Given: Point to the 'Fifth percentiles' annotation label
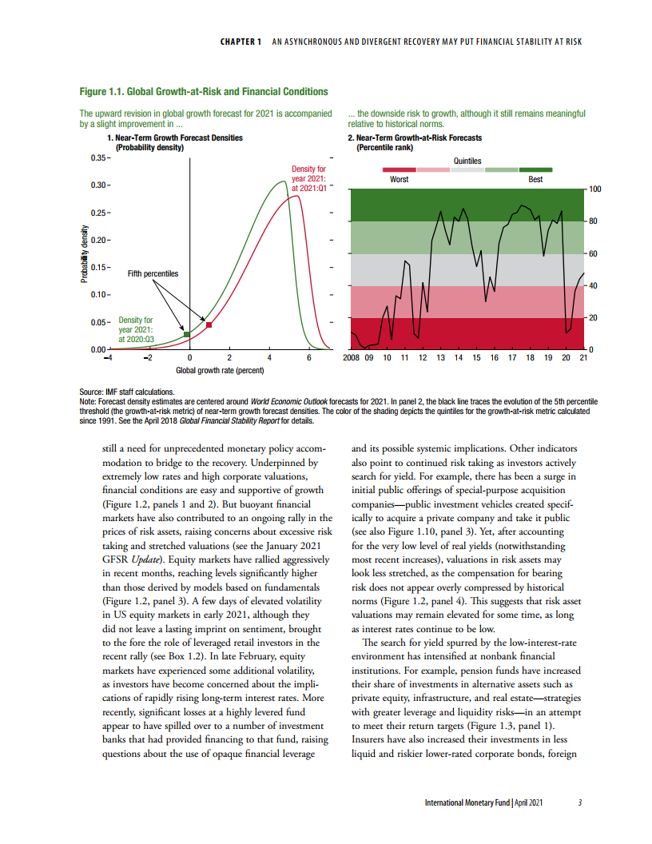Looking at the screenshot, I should (x=153, y=273).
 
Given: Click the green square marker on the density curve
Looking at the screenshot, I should (x=187, y=334).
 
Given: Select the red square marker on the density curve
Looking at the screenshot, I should (x=209, y=325).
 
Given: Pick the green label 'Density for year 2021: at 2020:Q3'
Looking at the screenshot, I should (x=136, y=329).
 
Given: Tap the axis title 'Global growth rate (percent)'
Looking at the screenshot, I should (x=220, y=370).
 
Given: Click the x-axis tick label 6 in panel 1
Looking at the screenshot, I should (x=308, y=357).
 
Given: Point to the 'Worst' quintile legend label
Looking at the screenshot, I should (x=399, y=180).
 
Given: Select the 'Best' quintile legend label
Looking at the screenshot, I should (x=535, y=180).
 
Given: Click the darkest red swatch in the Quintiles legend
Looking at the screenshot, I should (x=400, y=170).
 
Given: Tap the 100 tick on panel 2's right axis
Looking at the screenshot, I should (x=594, y=189).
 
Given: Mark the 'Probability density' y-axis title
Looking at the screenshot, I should (x=83, y=253).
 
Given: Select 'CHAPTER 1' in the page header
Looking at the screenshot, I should (x=241, y=42).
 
